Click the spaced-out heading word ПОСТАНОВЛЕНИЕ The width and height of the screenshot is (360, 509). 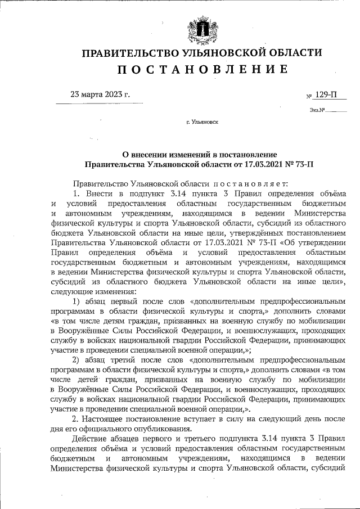(202, 69)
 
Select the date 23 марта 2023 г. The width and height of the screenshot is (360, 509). (100, 94)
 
